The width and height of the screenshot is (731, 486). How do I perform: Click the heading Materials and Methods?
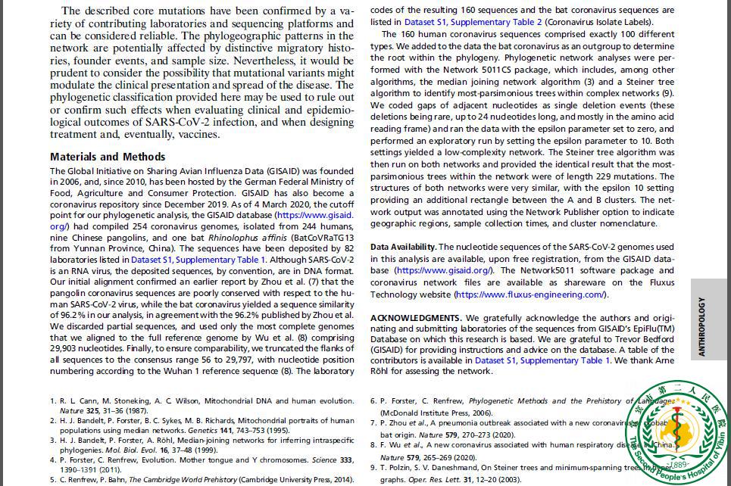pos(107,157)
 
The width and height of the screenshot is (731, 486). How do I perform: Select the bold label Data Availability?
pos(403,247)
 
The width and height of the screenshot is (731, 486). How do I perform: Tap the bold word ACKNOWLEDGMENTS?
pos(415,317)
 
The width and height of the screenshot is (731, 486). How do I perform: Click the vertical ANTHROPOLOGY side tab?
pos(702,326)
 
